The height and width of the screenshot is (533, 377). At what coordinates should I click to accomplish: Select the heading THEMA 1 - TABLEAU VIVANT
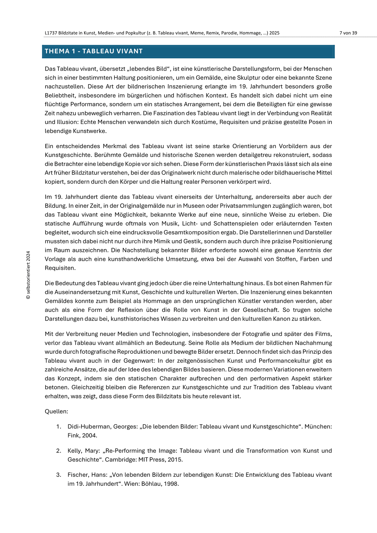coord(94,51)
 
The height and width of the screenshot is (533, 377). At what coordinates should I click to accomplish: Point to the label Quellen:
coord(56,411)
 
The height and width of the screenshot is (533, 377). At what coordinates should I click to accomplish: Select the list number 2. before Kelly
coord(59,450)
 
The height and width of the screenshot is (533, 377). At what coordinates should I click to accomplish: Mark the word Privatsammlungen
coord(244,206)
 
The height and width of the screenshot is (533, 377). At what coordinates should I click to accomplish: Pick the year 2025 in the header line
coord(274,33)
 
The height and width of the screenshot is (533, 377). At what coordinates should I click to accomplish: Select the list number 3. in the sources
coord(59,475)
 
